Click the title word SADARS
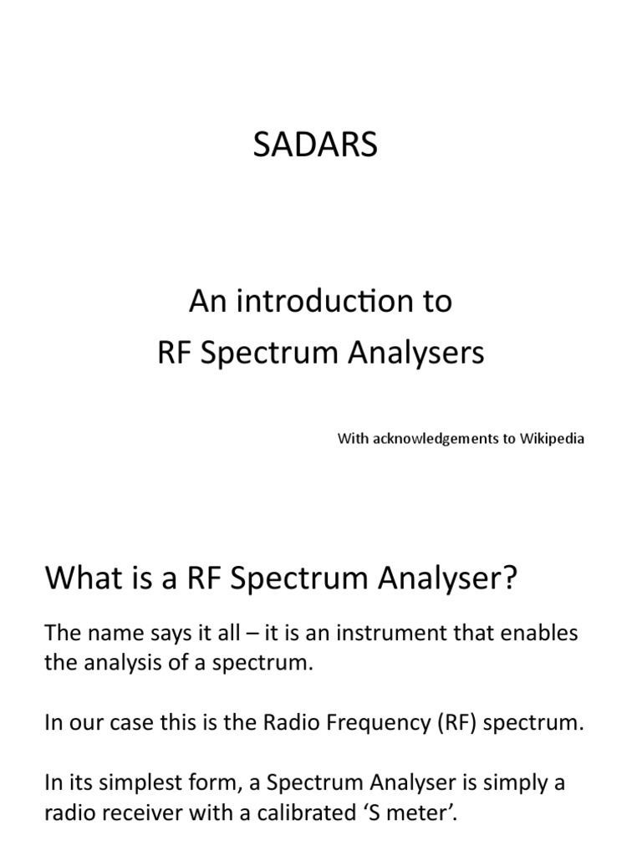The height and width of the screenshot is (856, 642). (315, 145)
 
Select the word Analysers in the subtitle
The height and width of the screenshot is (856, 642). (416, 354)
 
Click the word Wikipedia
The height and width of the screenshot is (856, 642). (552, 438)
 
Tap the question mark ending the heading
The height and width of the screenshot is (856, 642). (508, 578)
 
